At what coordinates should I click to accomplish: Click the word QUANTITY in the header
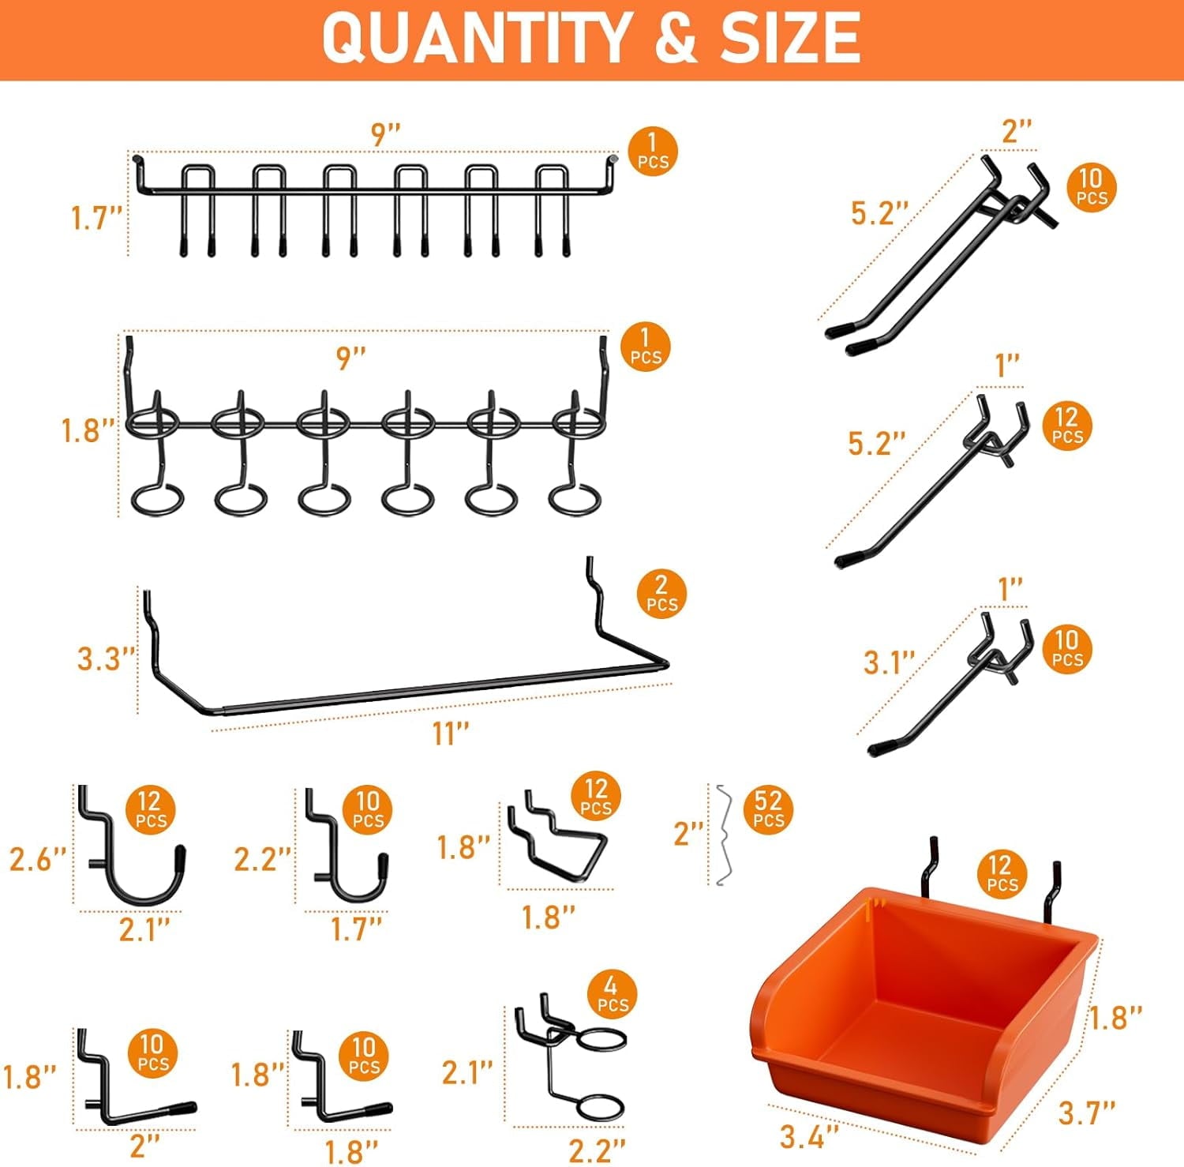pyautogui.click(x=476, y=38)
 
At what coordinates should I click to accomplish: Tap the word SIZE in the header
pyautogui.click(x=790, y=38)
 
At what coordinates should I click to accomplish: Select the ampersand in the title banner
pyautogui.click(x=675, y=38)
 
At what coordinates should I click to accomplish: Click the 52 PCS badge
pyautogui.click(x=768, y=809)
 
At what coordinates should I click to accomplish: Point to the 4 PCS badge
pyautogui.click(x=612, y=995)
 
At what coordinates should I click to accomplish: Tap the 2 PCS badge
pyautogui.click(x=661, y=594)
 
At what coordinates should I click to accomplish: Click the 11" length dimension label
pyautogui.click(x=451, y=734)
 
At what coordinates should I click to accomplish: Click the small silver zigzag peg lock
pyautogui.click(x=723, y=835)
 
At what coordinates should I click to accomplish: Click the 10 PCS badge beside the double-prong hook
pyautogui.click(x=1092, y=188)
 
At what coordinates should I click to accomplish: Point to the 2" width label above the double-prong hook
pyautogui.click(x=1017, y=130)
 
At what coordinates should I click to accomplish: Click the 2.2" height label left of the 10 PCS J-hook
pyautogui.click(x=263, y=859)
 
